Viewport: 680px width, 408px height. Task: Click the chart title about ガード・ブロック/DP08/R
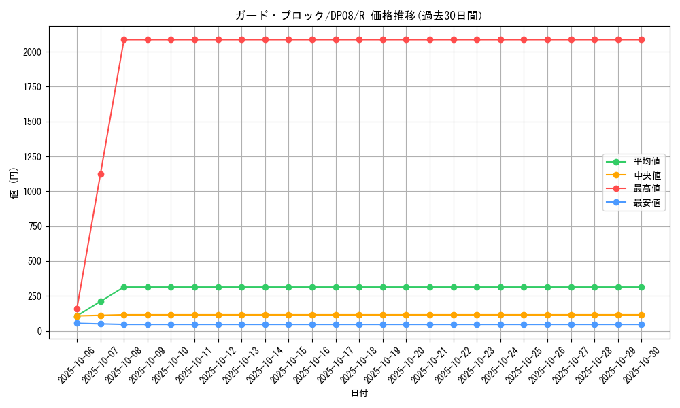click(x=358, y=16)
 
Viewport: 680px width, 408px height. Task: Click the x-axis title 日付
click(x=358, y=394)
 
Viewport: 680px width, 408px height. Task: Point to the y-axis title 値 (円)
click(x=14, y=184)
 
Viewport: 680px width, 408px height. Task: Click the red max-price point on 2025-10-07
click(x=101, y=174)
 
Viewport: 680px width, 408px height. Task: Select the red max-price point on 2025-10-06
click(x=77, y=309)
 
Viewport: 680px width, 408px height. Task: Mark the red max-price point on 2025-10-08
click(x=124, y=39)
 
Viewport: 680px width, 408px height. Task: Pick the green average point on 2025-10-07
click(x=101, y=301)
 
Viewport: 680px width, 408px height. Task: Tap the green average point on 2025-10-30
click(x=641, y=287)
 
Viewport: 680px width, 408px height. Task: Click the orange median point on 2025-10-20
click(x=406, y=315)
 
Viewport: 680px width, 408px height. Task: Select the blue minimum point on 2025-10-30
click(x=641, y=324)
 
